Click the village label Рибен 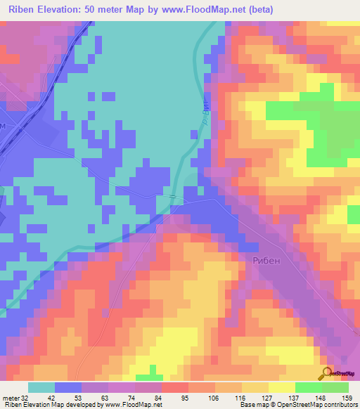click(x=265, y=261)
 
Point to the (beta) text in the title click(x=258, y=9)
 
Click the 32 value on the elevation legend click(x=27, y=397)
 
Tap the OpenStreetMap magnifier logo click(x=325, y=372)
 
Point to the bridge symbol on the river click(x=173, y=199)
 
